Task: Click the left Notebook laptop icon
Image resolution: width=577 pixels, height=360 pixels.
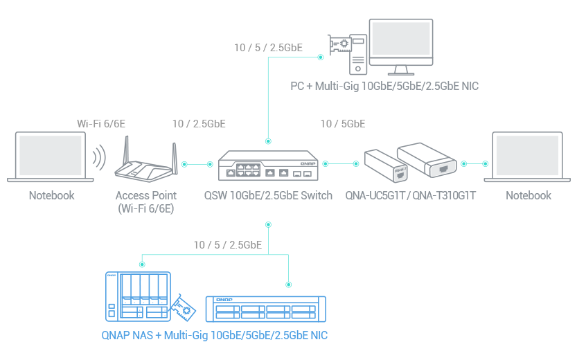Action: point(51,156)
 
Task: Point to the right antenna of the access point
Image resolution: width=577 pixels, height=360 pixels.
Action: point(172,153)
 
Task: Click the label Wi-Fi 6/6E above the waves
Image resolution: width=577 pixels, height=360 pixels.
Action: point(100,124)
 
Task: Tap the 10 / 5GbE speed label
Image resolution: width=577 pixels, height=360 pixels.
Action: point(342,124)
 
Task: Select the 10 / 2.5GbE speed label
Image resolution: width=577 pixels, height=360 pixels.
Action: point(199,124)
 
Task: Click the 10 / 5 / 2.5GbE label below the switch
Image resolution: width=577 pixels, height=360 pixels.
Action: point(227,245)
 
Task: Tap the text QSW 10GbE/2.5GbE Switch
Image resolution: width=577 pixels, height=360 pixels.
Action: point(267,196)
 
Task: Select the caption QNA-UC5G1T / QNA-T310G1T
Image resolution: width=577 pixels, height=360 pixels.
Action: point(410,196)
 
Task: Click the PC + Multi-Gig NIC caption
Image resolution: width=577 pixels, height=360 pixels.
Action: point(384,87)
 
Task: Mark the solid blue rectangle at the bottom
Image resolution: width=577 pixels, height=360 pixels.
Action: point(211,306)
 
